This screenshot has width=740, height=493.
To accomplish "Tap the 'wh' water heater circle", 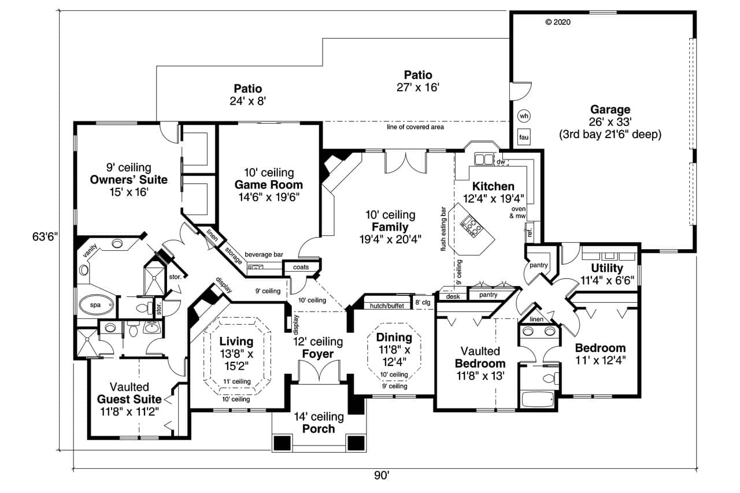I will pos(524,116).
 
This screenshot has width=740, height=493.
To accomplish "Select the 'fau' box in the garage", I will pos(524,138).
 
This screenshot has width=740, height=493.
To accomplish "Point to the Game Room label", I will pos(268,185).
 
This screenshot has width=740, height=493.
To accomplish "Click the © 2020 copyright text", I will pos(558,23).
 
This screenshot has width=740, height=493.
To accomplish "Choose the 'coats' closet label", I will pos(301,267).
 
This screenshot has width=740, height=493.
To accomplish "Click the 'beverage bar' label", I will pos(263,254).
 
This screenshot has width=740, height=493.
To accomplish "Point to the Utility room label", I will pos(606,268).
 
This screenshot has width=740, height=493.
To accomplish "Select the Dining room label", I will pos(394,338).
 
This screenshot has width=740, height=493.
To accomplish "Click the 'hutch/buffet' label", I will pos(387,306).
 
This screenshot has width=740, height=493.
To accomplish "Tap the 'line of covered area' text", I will pos(415,127).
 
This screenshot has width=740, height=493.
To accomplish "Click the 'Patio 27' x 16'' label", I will pos(417,81).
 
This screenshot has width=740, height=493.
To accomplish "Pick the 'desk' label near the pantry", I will pos(452,296).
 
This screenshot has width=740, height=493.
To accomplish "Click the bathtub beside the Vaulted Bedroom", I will pos(537,400).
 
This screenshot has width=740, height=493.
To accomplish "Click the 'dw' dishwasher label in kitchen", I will pos(501,162).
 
